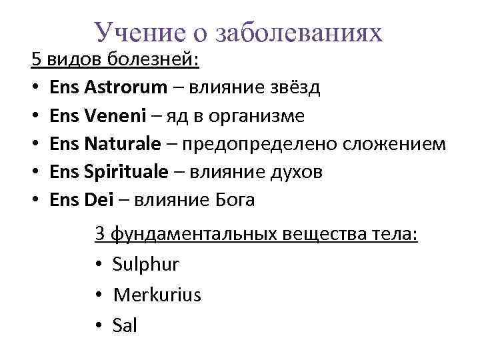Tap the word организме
coord(257,116)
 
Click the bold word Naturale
coord(123,143)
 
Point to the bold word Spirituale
coord(127,171)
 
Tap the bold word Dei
coord(99,199)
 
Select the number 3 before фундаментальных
coord(100,235)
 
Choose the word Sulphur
coord(146,264)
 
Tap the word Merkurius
coord(157,294)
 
